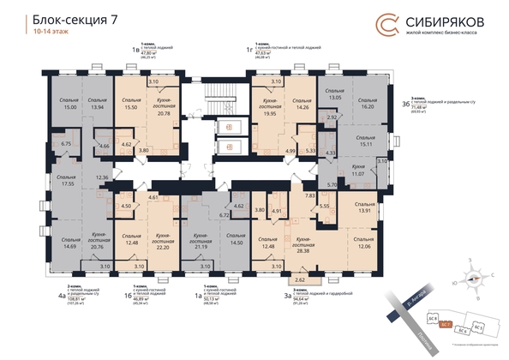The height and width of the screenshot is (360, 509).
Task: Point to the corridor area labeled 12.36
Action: (x=104, y=177)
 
